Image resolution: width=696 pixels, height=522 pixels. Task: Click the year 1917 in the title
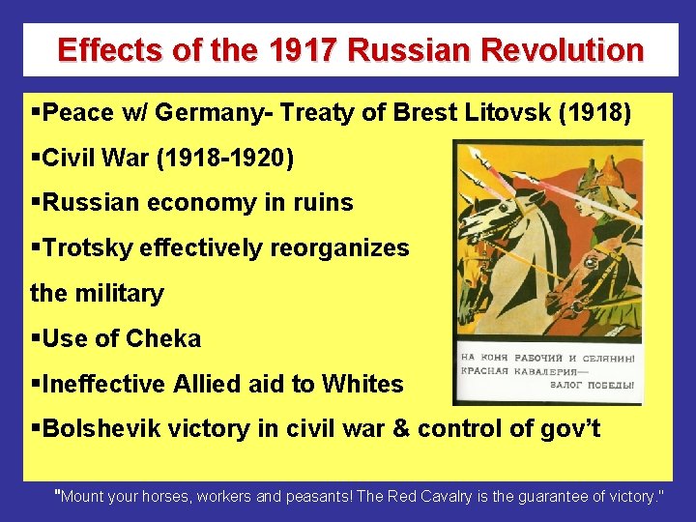point(307,49)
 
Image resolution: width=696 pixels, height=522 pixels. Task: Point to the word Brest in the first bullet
point(426,113)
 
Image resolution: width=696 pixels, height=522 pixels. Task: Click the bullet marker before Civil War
point(36,159)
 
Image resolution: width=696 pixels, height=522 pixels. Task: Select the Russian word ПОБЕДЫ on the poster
point(609,385)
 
